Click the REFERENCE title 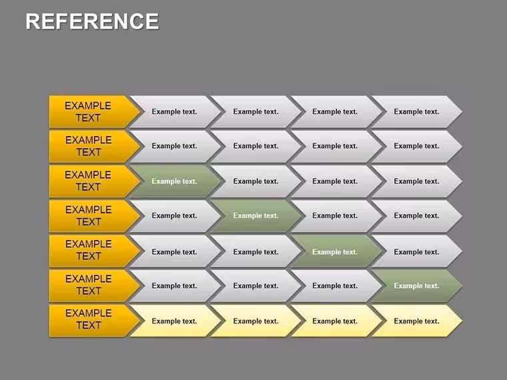click(x=92, y=21)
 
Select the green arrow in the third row click(x=175, y=181)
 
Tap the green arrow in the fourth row click(x=256, y=216)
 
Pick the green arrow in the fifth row click(x=336, y=251)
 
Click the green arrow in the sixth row click(x=416, y=286)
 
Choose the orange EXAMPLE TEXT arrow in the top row click(x=95, y=111)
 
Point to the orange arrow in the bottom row click(x=95, y=321)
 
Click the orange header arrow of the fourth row click(x=95, y=216)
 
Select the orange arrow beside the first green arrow click(x=95, y=181)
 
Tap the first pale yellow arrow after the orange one click(x=175, y=321)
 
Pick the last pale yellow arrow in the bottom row click(x=416, y=321)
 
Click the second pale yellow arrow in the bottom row click(x=256, y=321)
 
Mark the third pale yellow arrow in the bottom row click(x=336, y=321)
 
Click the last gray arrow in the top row click(x=416, y=111)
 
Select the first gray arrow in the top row click(x=175, y=111)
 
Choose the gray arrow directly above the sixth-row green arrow click(x=416, y=251)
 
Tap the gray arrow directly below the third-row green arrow click(x=175, y=216)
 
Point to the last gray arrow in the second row click(x=416, y=147)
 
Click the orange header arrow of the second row click(x=95, y=147)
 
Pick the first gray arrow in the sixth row click(x=175, y=286)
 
